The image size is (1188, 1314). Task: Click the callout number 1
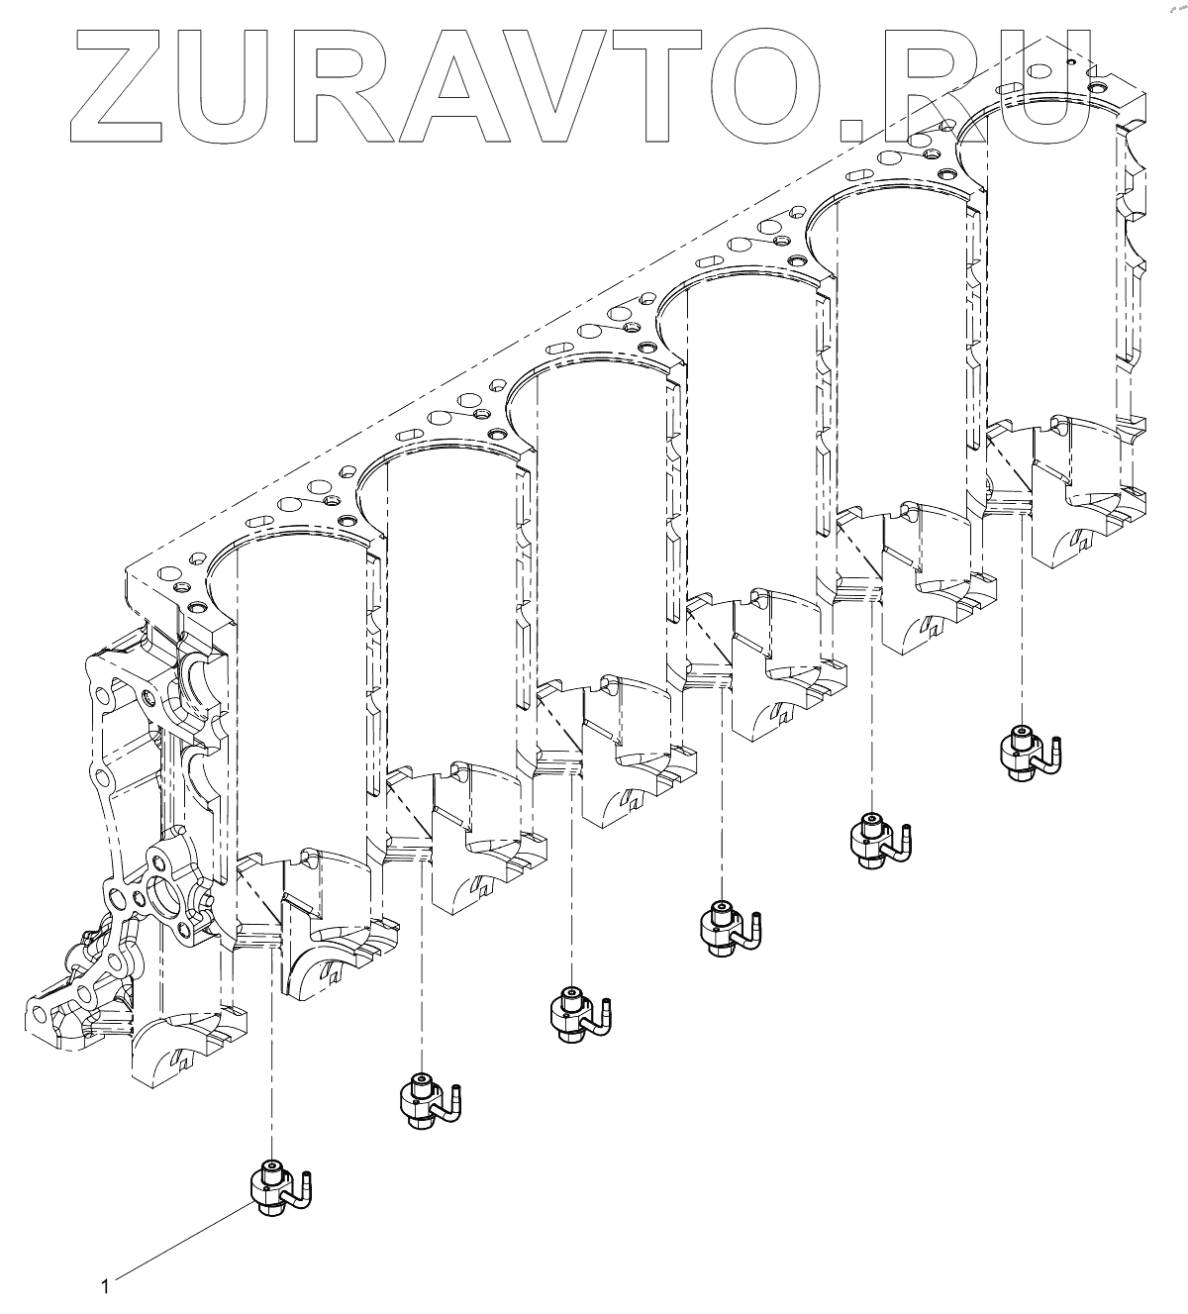(x=105, y=1286)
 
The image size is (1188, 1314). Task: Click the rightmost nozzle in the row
(x=1030, y=754)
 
